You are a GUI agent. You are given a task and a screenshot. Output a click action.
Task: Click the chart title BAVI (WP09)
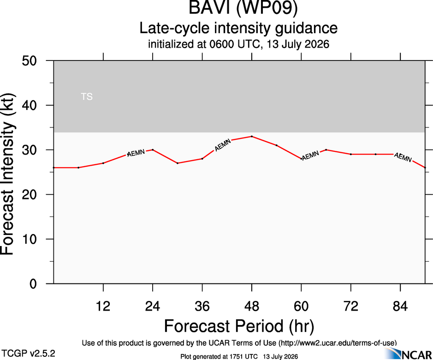[243, 7]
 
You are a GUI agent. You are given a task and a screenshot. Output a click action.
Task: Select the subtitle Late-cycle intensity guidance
[238, 28]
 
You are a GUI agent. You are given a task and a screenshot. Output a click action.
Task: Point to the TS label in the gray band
[87, 96]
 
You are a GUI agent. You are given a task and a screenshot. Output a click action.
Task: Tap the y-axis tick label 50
[29, 61]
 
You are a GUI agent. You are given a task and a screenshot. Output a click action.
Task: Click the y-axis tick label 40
[29, 105]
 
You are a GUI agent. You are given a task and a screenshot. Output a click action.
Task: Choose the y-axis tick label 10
[29, 239]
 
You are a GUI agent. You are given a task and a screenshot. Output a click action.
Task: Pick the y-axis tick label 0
[33, 284]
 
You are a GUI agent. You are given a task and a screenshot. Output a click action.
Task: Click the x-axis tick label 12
[103, 306]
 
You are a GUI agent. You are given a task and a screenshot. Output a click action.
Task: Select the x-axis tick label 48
[252, 306]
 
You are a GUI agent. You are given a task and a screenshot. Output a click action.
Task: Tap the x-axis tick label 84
[400, 306]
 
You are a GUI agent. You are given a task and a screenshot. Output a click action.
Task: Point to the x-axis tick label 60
[301, 306]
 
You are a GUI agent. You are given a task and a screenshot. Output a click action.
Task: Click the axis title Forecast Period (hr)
[239, 326]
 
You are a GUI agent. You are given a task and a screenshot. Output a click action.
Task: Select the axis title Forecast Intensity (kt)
[7, 174]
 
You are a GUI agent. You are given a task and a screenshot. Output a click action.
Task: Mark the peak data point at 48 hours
[252, 136]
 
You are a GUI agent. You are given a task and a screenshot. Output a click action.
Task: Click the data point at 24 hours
[153, 150]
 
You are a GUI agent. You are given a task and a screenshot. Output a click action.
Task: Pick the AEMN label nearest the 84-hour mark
[403, 157]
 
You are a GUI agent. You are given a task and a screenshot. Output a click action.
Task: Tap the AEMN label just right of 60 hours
[310, 156]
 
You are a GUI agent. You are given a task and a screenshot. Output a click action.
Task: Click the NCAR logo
[409, 354]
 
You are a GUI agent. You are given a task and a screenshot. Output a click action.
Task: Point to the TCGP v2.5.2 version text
[28, 354]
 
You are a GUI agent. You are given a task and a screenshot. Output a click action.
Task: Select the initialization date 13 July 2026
[298, 44]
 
